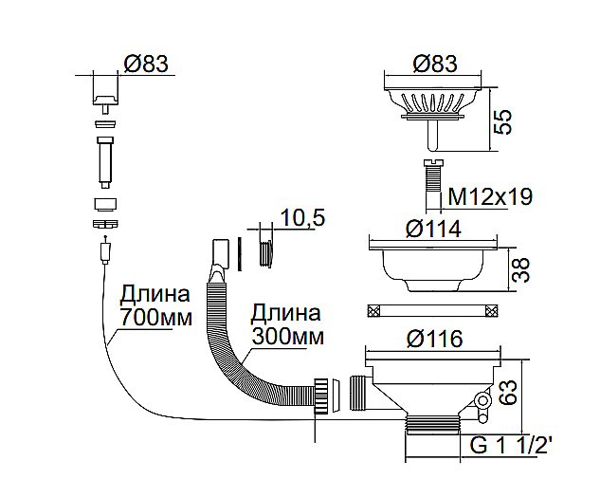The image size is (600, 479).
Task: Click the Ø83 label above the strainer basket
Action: pos(435,64)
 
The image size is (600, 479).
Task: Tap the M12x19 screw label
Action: pos(489,196)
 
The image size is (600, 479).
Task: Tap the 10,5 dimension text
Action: pos(303,218)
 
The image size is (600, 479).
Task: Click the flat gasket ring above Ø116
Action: pos(432,310)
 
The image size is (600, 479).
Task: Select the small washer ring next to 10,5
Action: pos(268,252)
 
